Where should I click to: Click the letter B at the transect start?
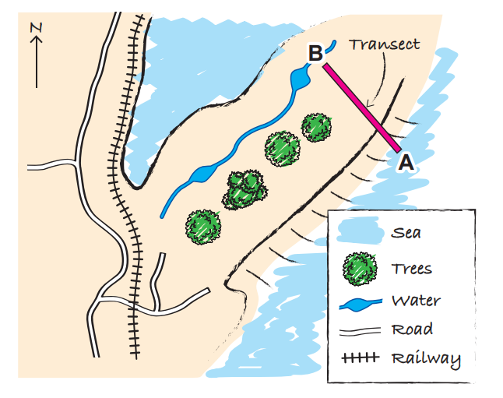315,54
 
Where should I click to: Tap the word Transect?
384,44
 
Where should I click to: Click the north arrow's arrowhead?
36,44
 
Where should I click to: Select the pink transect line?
361,108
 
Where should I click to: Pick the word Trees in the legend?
412,269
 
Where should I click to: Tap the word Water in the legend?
416,301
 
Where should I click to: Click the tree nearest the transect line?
316,127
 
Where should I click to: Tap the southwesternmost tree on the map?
203,226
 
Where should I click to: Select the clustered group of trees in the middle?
244,189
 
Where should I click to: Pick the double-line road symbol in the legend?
359,330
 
